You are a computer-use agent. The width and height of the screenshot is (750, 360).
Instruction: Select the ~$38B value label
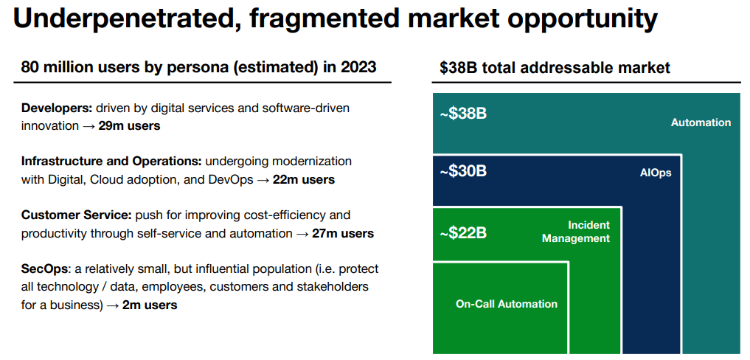click(463, 114)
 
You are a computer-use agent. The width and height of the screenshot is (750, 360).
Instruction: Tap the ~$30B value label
click(463, 171)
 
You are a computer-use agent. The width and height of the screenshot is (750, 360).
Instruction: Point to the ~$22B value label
click(463, 233)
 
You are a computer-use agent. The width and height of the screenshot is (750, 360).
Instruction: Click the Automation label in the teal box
click(701, 122)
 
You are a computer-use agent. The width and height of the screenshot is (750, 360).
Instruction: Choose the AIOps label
click(656, 173)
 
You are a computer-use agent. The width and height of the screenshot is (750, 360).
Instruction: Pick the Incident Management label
click(576, 232)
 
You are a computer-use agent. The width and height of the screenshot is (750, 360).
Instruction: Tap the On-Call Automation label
click(507, 304)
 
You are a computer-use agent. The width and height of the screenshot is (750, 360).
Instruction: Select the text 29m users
click(129, 125)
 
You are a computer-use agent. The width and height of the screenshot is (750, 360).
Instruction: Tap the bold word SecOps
click(44, 269)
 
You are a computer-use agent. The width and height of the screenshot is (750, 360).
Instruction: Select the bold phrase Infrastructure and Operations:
click(111, 161)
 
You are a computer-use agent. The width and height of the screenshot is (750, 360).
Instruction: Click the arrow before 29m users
click(88, 125)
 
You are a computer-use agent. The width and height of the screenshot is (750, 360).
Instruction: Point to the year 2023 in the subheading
click(358, 68)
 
